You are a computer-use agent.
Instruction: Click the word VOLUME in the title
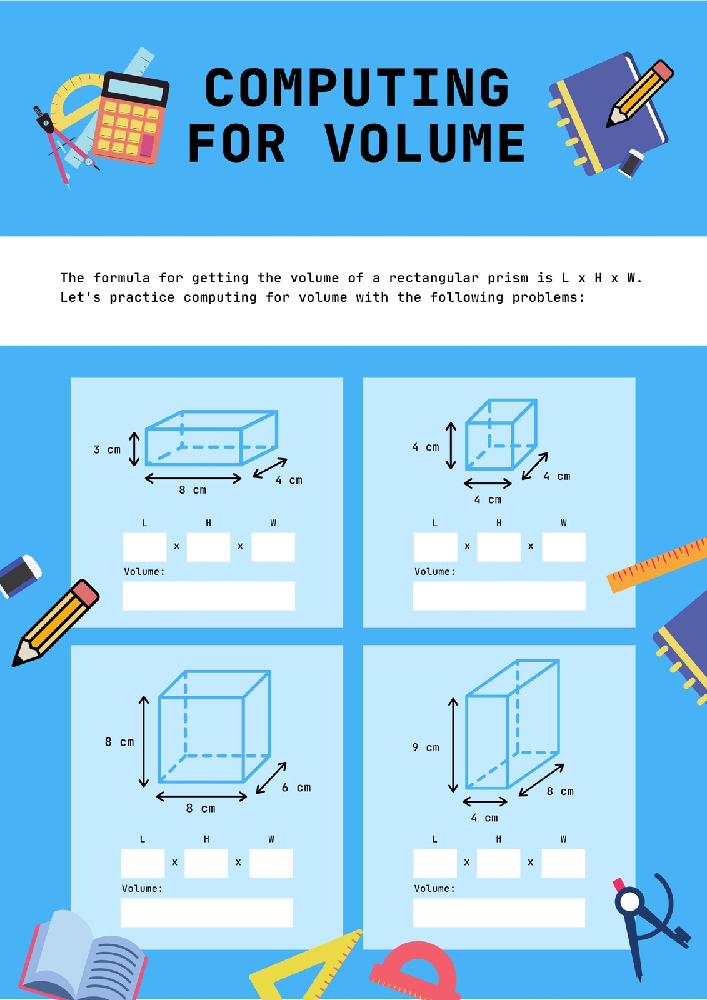[x=424, y=143]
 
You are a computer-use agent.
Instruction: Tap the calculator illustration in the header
[x=131, y=118]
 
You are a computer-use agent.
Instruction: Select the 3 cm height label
[x=107, y=449]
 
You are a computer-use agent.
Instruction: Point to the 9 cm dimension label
[x=426, y=747]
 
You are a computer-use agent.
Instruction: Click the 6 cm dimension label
[x=296, y=787]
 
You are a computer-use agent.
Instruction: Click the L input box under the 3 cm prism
[x=144, y=547]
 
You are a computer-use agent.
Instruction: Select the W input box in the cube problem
[x=564, y=547]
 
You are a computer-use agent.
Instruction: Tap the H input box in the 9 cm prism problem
[x=498, y=863]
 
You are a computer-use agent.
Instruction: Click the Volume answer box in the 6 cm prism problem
[x=207, y=912]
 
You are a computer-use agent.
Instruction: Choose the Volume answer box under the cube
[x=499, y=596]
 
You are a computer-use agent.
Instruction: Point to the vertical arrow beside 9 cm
[x=453, y=745]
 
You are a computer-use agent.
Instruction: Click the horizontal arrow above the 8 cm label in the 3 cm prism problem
[x=193, y=479]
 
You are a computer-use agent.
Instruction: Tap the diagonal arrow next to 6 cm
[x=271, y=777]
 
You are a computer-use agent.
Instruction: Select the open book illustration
[x=83, y=956]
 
